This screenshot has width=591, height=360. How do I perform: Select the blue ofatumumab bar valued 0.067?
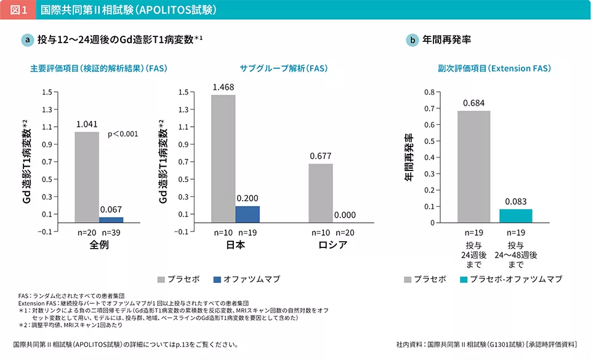[111, 219]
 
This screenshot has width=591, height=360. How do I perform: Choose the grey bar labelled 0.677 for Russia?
[320, 193]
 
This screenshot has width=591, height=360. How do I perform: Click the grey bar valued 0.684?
[474, 167]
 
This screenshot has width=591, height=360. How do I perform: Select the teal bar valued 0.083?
[515, 216]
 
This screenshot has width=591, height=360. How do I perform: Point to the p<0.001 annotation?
[123, 134]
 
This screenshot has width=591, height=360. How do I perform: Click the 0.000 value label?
[345, 215]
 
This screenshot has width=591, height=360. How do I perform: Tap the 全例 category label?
[99, 246]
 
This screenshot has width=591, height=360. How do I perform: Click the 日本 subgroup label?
[236, 246]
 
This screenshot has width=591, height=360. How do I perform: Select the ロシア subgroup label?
[332, 246]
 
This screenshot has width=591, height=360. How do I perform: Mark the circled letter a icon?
[27, 40]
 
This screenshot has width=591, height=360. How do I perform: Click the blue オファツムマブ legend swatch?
[217, 279]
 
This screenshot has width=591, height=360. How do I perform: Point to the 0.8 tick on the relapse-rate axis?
[429, 92]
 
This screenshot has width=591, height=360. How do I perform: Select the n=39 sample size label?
[111, 233]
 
